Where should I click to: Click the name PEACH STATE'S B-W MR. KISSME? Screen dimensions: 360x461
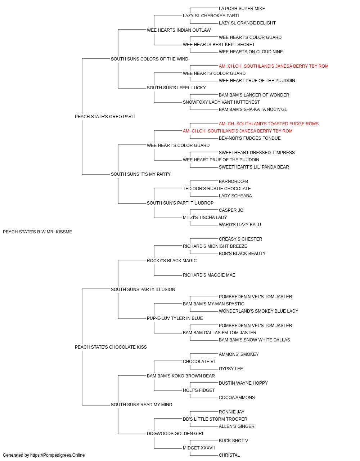pyautogui.click(x=37, y=232)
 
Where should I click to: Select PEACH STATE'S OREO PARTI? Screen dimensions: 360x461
pyautogui.click(x=105, y=117)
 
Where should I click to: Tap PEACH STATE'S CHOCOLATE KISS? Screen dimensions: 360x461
pyautogui.click(x=111, y=347)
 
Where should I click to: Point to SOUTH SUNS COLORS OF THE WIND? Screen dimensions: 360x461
pyautogui.click(x=149, y=59)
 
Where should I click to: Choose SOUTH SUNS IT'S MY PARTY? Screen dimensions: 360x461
pyautogui.click(x=141, y=174)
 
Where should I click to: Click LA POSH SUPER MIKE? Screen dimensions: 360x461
pyautogui.click(x=242, y=9)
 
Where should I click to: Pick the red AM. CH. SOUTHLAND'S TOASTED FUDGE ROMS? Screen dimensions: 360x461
pyautogui.click(x=269, y=124)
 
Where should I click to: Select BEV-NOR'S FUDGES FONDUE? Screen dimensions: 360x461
pyautogui.click(x=249, y=138)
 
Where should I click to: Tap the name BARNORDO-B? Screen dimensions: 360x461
pyautogui.click(x=233, y=182)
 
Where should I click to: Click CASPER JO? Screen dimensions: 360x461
pyautogui.click(x=231, y=210)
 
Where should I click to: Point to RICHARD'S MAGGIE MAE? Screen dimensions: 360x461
pyautogui.click(x=209, y=275)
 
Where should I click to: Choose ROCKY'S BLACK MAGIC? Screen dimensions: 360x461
pyautogui.click(x=171, y=260)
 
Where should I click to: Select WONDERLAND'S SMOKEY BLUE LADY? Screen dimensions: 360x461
pyautogui.click(x=258, y=311)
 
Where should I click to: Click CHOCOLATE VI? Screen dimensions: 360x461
pyautogui.click(x=199, y=362)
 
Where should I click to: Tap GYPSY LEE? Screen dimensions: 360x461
pyautogui.click(x=231, y=369)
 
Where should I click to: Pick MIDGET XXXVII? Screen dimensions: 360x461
pyautogui.click(x=199, y=448)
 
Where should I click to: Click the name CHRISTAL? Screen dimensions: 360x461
pyautogui.click(x=229, y=455)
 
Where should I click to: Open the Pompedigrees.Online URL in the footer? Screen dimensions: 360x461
pyautogui.click(x=57, y=455)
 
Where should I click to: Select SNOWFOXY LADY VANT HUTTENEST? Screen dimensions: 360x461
pyautogui.click(x=221, y=102)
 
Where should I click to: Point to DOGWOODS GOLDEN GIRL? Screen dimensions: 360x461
pyautogui.click(x=175, y=433)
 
